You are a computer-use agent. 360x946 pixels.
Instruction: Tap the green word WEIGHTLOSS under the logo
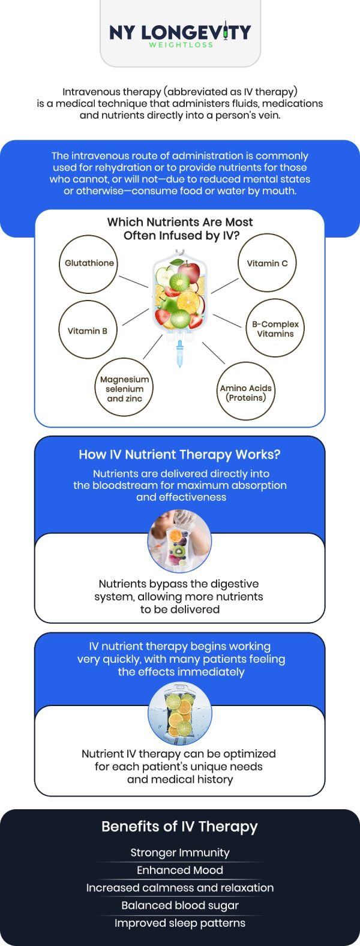[180, 44]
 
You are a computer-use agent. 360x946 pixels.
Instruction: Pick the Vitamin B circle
[88, 331]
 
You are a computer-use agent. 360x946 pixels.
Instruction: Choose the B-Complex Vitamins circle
[275, 329]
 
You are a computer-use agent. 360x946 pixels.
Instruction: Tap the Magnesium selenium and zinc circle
[124, 389]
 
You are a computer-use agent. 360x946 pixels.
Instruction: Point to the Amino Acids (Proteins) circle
[245, 392]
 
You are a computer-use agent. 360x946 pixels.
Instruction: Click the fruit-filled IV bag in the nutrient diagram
[180, 294]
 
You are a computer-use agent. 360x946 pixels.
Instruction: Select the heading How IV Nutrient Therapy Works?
[179, 455]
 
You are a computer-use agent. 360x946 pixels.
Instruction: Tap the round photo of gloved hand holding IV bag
[179, 540]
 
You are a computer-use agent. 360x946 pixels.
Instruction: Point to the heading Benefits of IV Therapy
[179, 827]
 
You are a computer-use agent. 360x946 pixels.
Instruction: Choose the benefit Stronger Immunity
[179, 852]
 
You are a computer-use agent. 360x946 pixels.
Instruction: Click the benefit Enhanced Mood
[179, 870]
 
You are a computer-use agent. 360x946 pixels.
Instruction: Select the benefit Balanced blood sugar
[179, 905]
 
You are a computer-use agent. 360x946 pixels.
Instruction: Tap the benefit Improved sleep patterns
[179, 923]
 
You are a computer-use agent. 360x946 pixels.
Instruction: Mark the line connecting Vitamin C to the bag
[224, 285]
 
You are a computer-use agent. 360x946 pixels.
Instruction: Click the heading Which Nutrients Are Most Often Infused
[180, 229]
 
